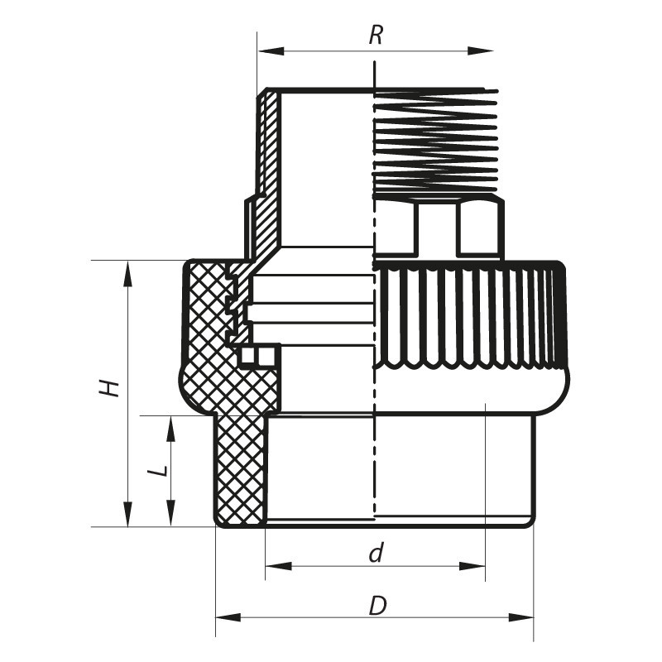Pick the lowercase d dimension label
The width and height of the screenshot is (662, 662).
tap(377, 553)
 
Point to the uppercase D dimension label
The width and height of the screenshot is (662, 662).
tap(377, 606)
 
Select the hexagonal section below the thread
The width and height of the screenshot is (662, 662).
tap(439, 228)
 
